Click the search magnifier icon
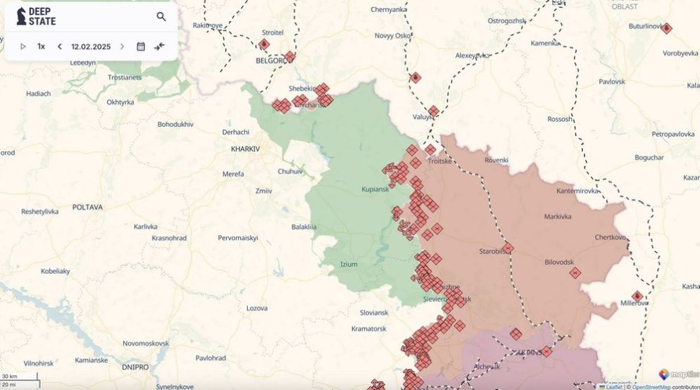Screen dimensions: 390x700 coord(161,17)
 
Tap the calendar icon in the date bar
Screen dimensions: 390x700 coord(141,46)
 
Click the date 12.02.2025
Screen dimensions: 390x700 coord(91,46)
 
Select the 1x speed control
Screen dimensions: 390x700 coord(41,46)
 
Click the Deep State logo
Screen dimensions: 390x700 coord(36,16)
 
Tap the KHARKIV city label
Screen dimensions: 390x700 coord(245,149)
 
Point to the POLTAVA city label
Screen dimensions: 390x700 coord(87,208)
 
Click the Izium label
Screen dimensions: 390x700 coord(349,264)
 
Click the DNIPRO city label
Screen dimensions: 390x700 coord(135,367)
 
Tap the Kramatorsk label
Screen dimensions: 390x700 coord(368,329)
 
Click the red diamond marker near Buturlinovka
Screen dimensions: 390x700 coord(666,29)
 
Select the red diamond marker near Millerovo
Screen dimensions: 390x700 coord(637,296)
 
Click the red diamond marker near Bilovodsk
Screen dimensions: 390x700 coord(575,273)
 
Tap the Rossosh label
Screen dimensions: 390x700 coord(560,119)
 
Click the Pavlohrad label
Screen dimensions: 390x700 coord(211,358)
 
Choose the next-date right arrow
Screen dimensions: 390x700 coord(122,46)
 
